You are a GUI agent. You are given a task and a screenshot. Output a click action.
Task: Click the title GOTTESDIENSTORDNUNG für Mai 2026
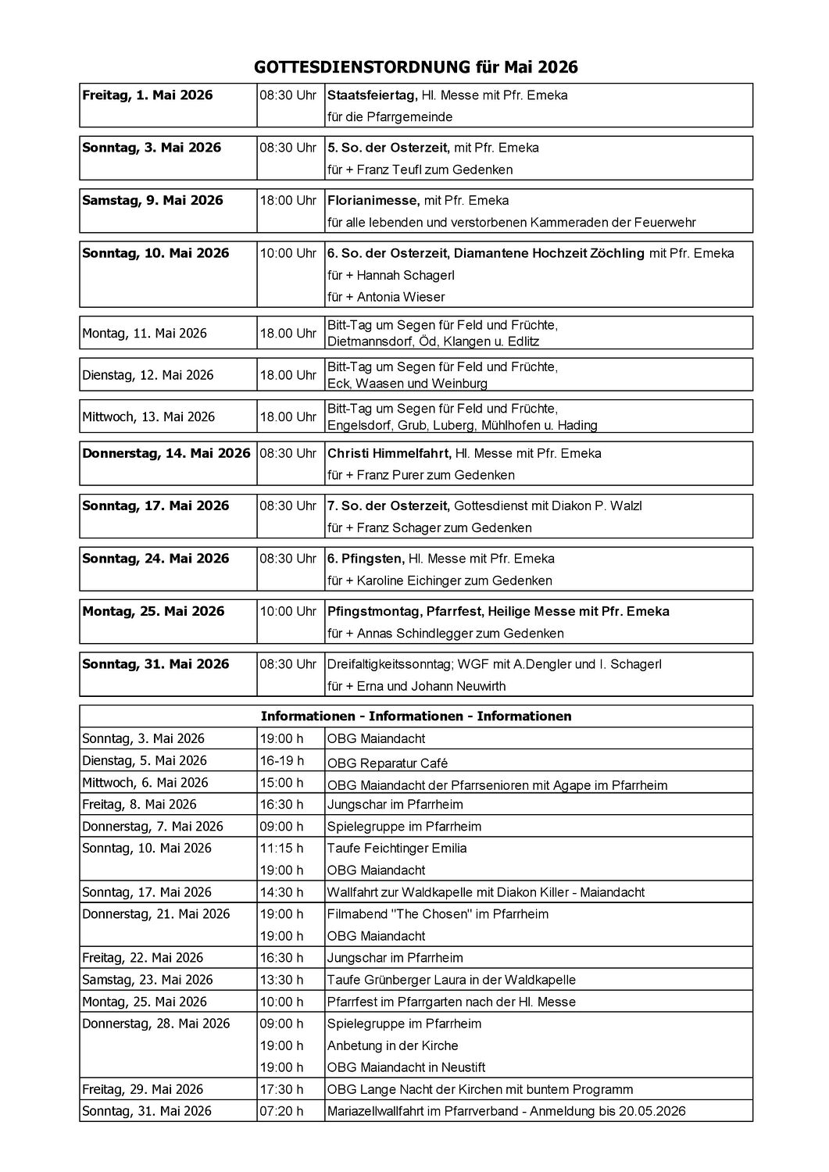click(x=416, y=67)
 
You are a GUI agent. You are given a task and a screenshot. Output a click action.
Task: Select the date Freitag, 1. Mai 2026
click(x=147, y=95)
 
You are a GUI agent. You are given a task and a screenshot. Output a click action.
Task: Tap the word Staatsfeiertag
click(x=372, y=95)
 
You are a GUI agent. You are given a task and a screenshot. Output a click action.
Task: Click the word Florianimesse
click(x=373, y=200)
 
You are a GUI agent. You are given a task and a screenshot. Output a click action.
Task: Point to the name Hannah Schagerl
click(x=406, y=275)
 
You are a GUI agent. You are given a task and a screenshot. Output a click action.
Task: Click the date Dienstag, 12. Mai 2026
click(x=148, y=375)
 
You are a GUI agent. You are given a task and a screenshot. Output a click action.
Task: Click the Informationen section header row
click(x=416, y=716)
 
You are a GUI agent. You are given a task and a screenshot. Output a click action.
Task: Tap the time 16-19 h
click(x=281, y=760)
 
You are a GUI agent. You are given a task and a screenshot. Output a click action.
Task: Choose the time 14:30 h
click(x=281, y=892)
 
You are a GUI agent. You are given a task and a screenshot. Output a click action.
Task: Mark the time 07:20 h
click(x=281, y=1110)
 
